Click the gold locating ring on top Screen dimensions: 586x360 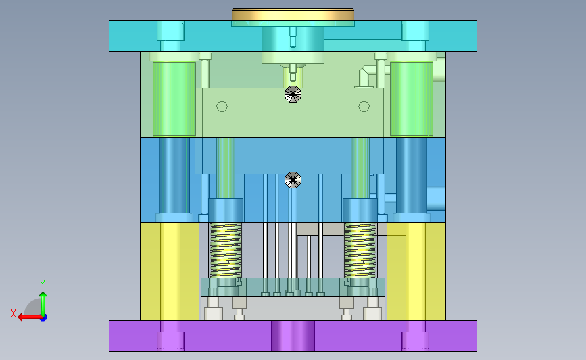(293, 15)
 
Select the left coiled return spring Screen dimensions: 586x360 (225, 250)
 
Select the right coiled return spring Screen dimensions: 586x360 (360, 250)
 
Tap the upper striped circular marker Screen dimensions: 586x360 (293, 94)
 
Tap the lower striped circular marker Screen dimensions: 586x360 (293, 180)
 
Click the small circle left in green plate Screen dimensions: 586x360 (222, 107)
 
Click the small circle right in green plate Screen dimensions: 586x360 (364, 107)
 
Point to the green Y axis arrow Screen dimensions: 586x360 (43, 305)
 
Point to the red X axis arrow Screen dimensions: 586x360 (30, 317)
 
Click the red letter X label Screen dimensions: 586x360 (14, 313)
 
